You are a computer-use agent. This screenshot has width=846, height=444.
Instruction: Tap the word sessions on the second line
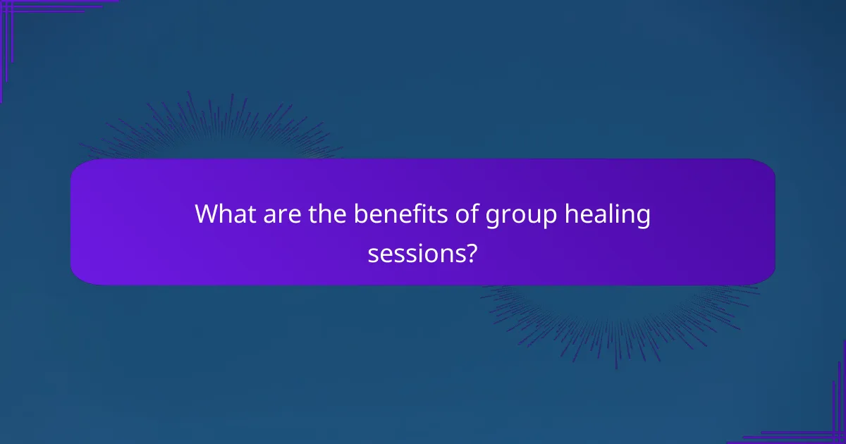click(x=414, y=253)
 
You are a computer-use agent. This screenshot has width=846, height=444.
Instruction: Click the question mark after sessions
click(x=470, y=253)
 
